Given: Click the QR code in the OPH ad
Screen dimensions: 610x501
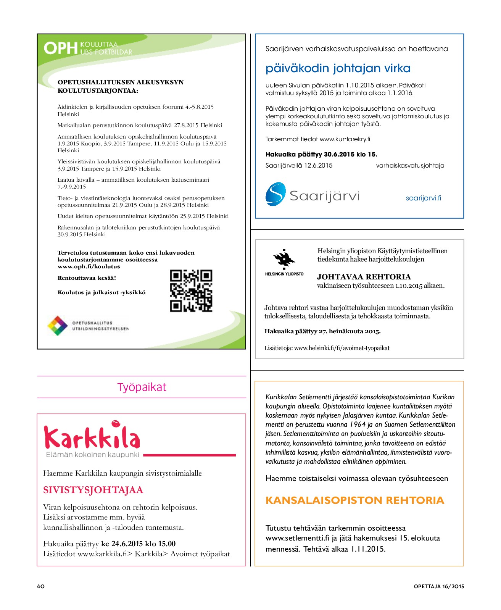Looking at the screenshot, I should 191,291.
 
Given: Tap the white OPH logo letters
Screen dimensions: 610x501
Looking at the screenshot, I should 60,48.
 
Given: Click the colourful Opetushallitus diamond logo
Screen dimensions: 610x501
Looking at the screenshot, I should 57,326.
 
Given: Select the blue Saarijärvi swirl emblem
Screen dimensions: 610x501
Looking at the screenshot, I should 275,194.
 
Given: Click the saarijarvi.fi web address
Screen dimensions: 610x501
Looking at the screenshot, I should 423,198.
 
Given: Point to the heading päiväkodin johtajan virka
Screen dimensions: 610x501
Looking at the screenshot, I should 338,68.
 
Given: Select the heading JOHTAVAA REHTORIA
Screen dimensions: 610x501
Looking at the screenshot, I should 364,277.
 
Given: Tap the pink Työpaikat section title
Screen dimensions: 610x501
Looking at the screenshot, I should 142,387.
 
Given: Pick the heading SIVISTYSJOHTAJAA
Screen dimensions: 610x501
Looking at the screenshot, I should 93,490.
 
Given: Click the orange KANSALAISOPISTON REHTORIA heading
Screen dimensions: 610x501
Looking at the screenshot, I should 354,500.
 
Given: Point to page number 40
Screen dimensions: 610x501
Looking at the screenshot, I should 41,586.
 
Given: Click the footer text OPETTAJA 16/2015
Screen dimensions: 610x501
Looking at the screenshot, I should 439,586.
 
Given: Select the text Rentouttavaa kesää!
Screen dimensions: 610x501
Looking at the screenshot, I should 87,278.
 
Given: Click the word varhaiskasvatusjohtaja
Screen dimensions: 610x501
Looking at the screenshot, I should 410,166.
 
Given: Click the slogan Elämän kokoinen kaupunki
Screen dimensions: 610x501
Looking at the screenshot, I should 92,455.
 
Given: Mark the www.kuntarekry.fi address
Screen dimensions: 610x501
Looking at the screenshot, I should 345,139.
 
